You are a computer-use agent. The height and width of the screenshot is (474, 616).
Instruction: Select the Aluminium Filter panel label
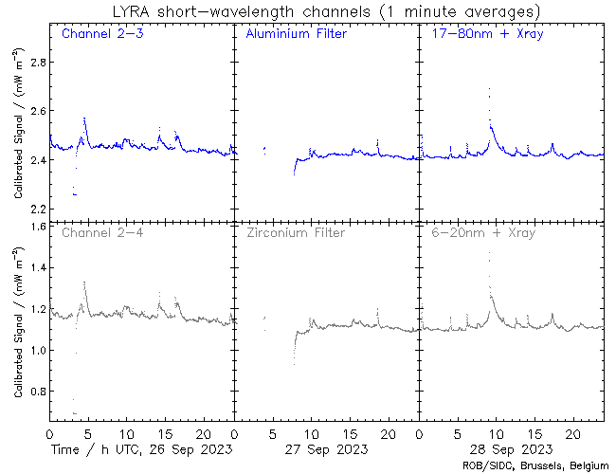pos(296,35)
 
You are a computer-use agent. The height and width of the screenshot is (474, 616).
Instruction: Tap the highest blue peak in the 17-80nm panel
pos(489,89)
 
